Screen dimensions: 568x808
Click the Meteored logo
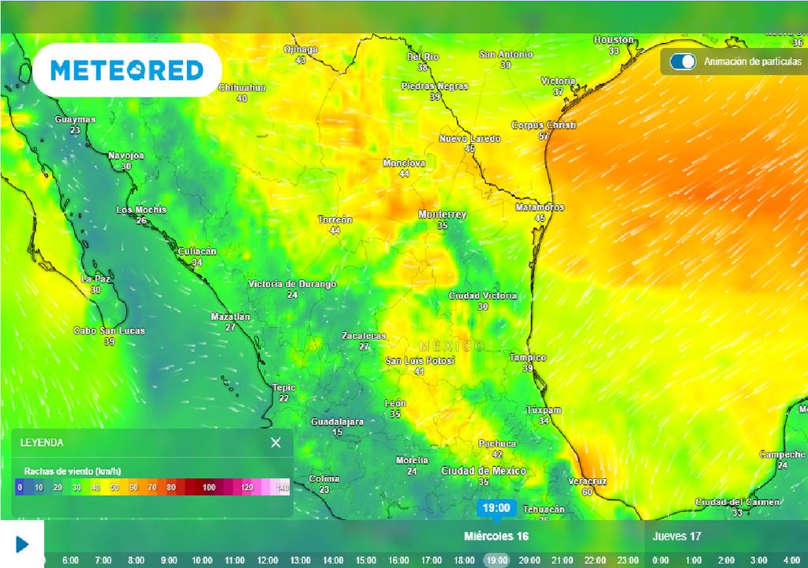tap(127, 70)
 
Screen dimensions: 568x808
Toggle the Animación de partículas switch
tap(683, 62)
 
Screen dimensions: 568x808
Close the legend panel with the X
tap(275, 443)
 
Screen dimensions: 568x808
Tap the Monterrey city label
tap(442, 215)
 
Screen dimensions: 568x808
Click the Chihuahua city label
tap(241, 88)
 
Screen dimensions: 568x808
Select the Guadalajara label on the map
tap(337, 421)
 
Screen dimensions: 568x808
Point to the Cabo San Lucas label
tap(109, 331)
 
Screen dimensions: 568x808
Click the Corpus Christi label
tap(544, 125)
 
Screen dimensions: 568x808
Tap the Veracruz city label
tap(587, 480)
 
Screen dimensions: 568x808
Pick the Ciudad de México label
tap(483, 471)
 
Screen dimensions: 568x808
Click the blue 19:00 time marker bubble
tap(496, 508)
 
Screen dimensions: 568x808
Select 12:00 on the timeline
tap(267, 560)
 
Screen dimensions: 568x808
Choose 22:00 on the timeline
tap(595, 560)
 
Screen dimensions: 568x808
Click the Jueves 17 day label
tap(676, 536)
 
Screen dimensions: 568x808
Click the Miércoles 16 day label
tap(496, 536)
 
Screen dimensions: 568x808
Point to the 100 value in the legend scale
tap(208, 488)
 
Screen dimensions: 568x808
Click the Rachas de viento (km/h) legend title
tap(73, 471)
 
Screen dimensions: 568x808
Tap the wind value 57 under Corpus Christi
tap(544, 136)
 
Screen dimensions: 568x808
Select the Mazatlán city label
tap(230, 316)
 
